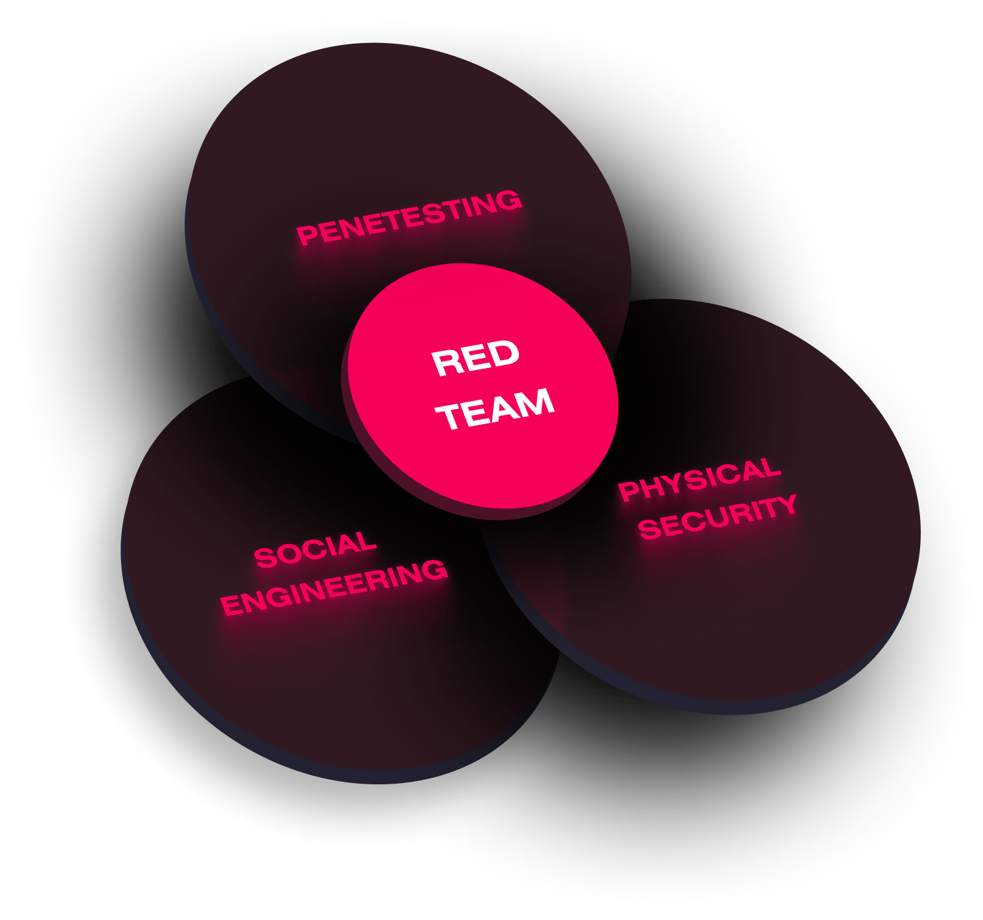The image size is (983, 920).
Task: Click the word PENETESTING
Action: (409, 216)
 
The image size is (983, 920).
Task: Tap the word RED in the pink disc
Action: (475, 359)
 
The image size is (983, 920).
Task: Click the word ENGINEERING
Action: (334, 587)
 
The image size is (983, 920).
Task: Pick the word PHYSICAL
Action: (700, 479)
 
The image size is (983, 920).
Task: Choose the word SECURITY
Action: (718, 517)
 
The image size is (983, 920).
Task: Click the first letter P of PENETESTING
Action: (306, 235)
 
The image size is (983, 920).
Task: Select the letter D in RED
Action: (504, 355)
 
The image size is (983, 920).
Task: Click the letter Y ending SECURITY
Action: (786, 505)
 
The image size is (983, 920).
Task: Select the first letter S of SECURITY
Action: (649, 529)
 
